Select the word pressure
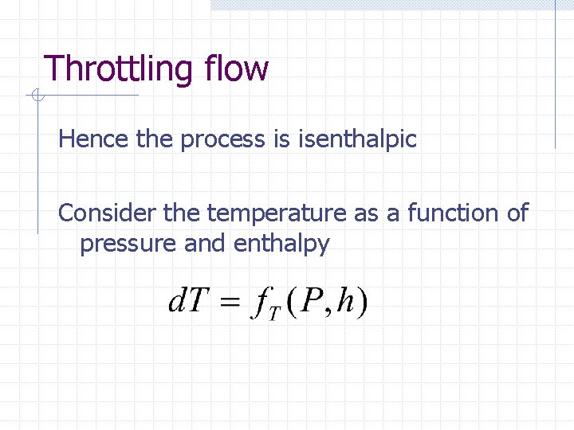coord(128,244)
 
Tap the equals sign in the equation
coord(229,303)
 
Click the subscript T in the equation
coord(273,315)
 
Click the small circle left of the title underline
coord(36,96)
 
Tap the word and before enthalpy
coord(206,244)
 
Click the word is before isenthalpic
coord(281,139)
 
